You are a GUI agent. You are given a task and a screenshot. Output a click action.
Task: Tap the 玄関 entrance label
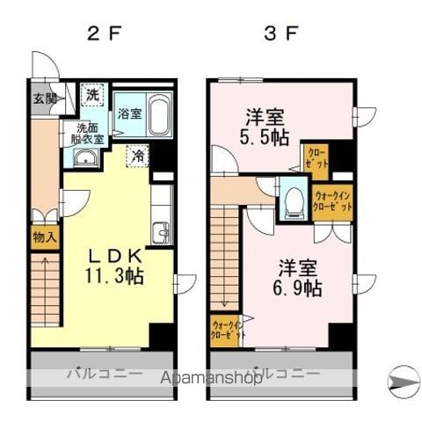click(x=45, y=98)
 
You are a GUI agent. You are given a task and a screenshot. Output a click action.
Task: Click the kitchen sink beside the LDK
click(x=160, y=233)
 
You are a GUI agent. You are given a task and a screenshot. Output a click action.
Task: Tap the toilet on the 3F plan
click(x=290, y=202)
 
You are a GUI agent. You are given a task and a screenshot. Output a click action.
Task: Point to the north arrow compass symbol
click(x=404, y=379)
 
